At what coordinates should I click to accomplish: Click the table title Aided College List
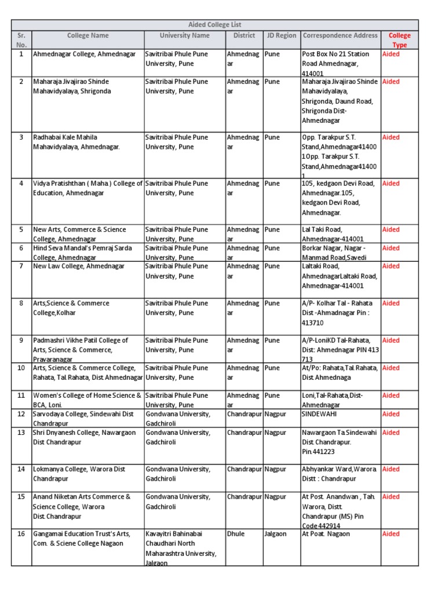215,24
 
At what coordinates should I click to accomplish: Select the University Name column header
184,35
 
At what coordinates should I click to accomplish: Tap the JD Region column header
281,35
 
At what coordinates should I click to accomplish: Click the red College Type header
399,39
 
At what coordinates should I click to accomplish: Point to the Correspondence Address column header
340,35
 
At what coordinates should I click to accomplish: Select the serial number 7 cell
21,266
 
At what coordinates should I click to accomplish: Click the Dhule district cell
235,534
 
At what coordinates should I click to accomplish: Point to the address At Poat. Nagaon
326,534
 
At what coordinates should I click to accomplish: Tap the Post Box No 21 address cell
338,63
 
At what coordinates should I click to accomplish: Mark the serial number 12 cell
21,414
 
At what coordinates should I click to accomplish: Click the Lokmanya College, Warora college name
79,474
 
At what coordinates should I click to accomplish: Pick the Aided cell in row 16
391,534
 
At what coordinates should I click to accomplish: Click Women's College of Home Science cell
87,400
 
